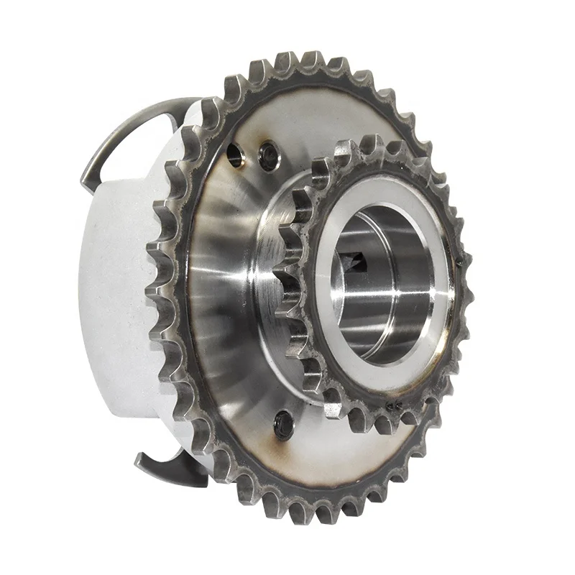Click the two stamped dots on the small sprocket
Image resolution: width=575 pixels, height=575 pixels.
(395, 407)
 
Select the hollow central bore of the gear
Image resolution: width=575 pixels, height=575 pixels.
(381, 287)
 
